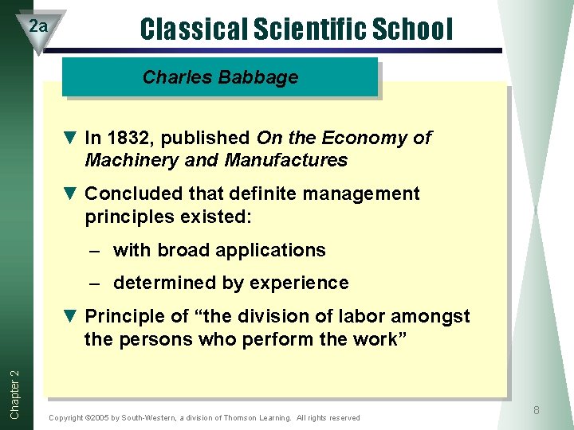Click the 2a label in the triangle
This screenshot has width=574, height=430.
click(38, 26)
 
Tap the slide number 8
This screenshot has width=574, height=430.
click(536, 410)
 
